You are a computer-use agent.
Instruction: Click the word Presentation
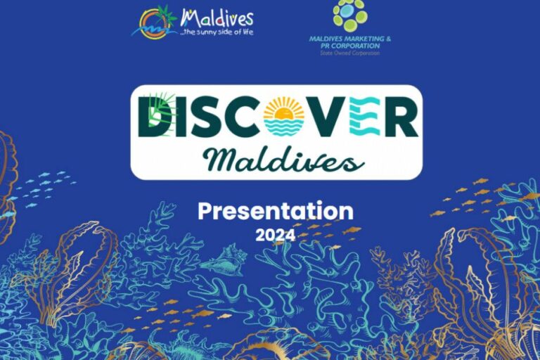[276, 211]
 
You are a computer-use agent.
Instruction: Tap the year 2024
[276, 235]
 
